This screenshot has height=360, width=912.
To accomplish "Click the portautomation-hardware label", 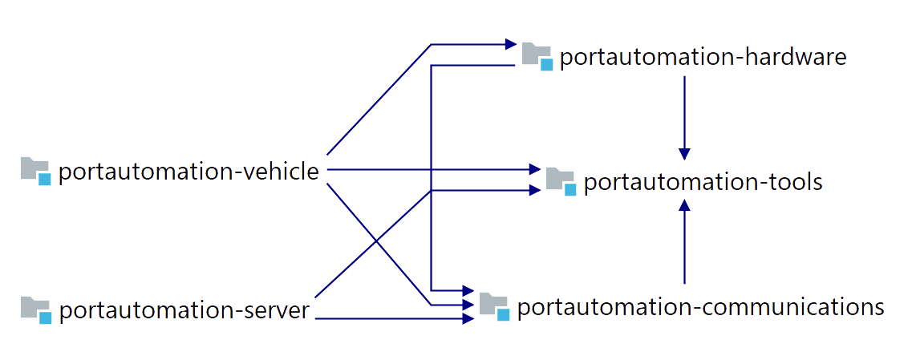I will click(x=703, y=58).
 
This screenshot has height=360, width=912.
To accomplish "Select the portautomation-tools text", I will click(x=703, y=182).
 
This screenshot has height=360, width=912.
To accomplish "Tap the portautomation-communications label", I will click(x=700, y=307).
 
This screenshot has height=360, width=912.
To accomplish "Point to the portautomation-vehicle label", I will click(x=189, y=172).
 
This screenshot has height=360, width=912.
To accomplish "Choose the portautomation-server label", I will click(x=184, y=310).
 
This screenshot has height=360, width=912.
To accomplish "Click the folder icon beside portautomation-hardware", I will click(x=537, y=56).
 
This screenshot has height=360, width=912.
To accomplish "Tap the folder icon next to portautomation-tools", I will click(x=561, y=180).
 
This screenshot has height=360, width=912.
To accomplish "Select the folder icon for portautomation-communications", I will click(x=494, y=305).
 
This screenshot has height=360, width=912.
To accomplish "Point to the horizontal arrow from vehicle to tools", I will click(x=433, y=169).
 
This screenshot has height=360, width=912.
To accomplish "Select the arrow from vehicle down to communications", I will click(x=377, y=241).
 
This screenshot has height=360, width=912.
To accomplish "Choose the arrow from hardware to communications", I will click(x=432, y=176).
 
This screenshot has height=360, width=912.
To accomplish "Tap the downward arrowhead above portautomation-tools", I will click(x=684, y=152).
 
